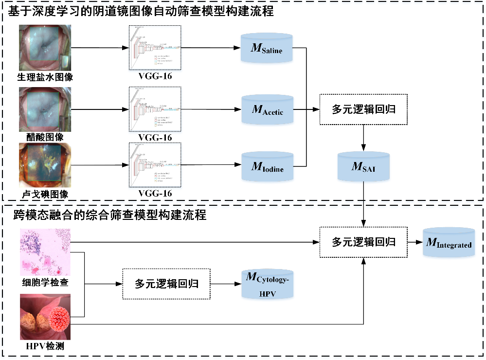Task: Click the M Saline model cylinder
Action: pos(267,48)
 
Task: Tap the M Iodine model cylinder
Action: pos(267,167)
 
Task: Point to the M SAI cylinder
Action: pos(363,167)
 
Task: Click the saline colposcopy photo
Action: pos(45,47)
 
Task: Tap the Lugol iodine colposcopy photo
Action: pos(45,165)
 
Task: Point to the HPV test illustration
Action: pos(45,317)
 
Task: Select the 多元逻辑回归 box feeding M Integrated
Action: pos(363,242)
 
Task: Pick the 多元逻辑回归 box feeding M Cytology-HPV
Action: pos(166,284)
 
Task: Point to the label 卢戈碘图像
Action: pos(45,195)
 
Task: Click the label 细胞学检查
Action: pos(45,283)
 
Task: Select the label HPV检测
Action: pos(45,347)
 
